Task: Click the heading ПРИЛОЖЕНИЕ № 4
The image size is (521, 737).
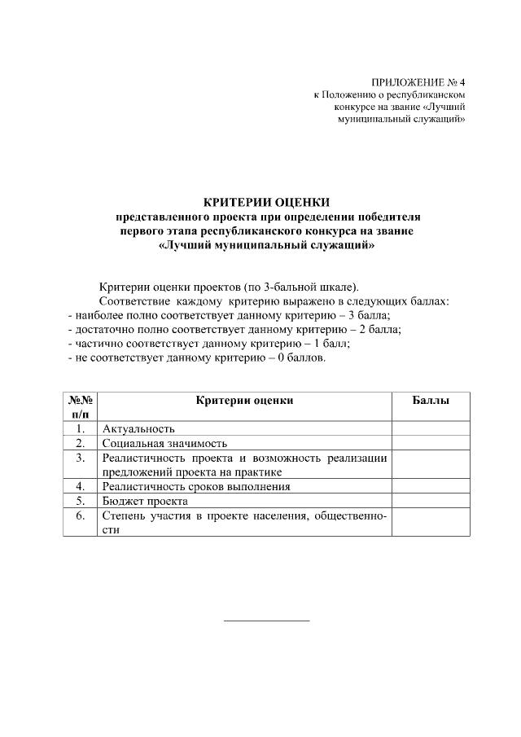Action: (418, 82)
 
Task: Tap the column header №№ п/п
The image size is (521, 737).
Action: (80, 406)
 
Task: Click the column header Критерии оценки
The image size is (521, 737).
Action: (244, 400)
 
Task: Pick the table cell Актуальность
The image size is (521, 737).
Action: (138, 428)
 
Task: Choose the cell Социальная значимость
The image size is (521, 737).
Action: (164, 443)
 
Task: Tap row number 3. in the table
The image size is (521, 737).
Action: (80, 458)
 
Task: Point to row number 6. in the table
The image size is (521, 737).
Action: (80, 515)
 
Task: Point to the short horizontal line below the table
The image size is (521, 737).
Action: (267, 621)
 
